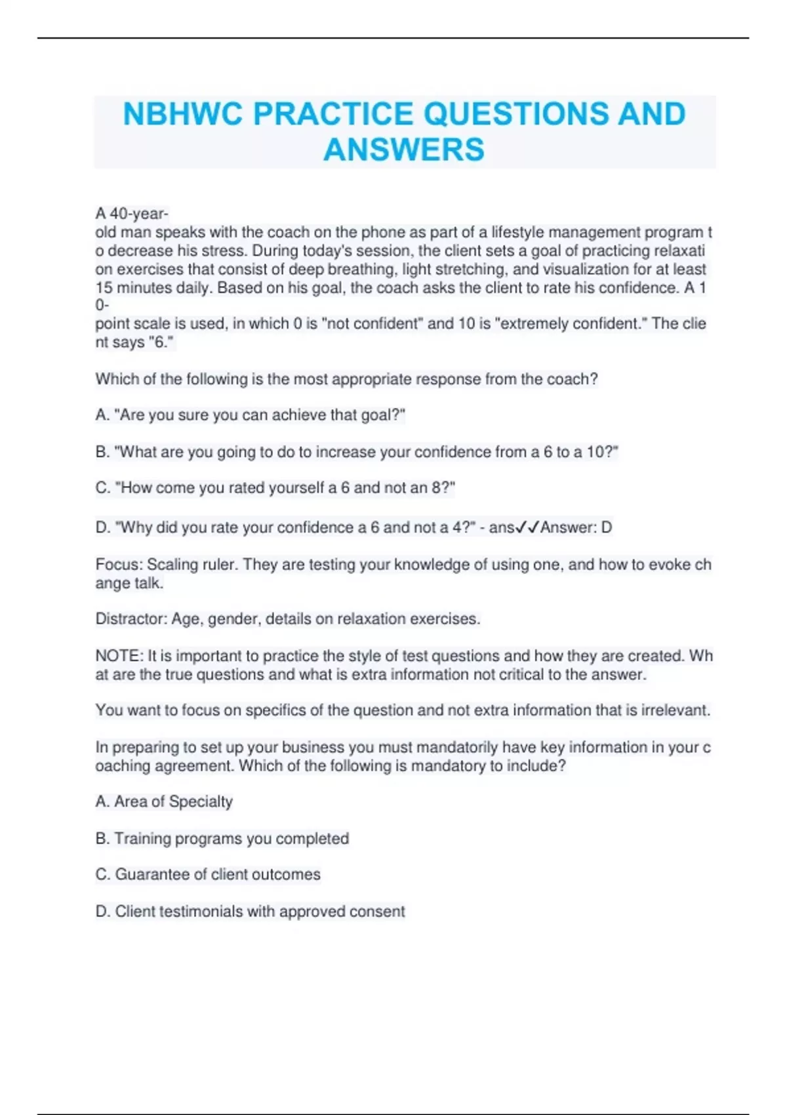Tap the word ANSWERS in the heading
point(404,150)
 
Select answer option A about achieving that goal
point(251,415)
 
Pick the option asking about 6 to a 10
point(357,452)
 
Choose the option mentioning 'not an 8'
point(275,488)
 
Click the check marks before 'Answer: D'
point(527,527)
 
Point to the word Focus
point(119,565)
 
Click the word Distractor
point(131,619)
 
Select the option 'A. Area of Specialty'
point(164,801)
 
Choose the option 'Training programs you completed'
point(222,838)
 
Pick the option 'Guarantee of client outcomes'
point(208,874)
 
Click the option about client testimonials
point(250,911)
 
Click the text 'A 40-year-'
point(132,214)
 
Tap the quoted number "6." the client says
point(162,342)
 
